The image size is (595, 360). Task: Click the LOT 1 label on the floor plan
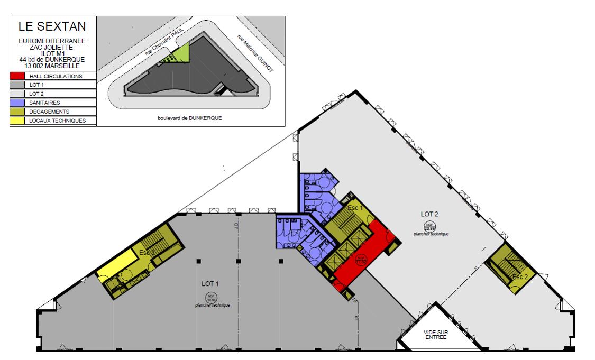[210, 284]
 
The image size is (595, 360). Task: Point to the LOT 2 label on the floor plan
[430, 214]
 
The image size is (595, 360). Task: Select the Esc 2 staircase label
[520, 276]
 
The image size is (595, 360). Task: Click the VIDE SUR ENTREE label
[435, 334]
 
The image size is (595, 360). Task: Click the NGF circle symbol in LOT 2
[429, 226]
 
